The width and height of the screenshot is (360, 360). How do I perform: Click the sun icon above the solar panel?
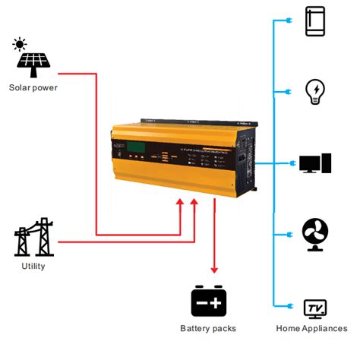coord(20,44)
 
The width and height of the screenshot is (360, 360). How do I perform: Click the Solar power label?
coord(33,87)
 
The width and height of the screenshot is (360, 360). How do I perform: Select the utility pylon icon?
coord(34,238)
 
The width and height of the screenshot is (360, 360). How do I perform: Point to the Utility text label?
coord(33,266)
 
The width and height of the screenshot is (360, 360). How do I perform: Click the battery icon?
coord(208,302)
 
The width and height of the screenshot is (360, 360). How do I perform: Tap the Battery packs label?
coord(208,328)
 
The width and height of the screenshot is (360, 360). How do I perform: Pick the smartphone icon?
coord(315,21)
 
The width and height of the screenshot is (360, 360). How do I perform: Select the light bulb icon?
coord(315,91)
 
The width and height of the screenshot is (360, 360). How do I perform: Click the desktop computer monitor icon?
coord(315,163)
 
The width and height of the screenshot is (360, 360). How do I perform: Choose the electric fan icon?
coord(315,234)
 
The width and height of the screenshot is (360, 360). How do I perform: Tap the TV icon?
coord(315,308)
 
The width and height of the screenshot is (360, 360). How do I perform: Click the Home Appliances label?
coord(311,328)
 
